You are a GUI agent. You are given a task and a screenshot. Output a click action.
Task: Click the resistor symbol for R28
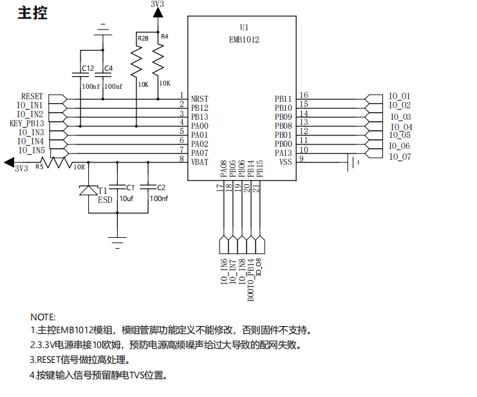[136, 62]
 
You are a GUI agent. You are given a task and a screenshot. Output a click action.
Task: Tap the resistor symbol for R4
[158, 59]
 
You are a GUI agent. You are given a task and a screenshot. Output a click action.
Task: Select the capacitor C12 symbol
[80, 75]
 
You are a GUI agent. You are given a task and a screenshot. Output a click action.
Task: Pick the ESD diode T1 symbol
[89, 190]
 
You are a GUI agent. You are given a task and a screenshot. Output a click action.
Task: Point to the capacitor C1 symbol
[117, 187]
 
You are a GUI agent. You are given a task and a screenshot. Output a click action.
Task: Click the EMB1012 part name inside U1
[244, 39]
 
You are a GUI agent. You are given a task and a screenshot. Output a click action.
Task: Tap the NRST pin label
[200, 99]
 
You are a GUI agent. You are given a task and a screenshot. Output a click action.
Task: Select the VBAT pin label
[200, 162]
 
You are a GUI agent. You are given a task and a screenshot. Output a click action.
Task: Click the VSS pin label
[285, 162]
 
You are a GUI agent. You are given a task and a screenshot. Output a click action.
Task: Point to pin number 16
[304, 95]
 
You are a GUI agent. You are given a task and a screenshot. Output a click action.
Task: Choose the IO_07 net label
[400, 157]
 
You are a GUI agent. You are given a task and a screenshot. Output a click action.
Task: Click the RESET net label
[32, 96]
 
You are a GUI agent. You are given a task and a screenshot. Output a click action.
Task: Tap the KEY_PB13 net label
[27, 123]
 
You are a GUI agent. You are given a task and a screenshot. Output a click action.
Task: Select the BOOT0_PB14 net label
[250, 280]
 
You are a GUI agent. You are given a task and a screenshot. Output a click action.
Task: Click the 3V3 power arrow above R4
[158, 13]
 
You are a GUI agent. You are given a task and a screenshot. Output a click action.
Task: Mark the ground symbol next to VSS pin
[353, 162]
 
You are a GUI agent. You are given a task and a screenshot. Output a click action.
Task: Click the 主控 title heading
[33, 14]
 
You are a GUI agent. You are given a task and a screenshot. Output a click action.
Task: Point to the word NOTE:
[43, 317]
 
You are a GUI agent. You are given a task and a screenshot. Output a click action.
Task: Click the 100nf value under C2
[159, 198]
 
